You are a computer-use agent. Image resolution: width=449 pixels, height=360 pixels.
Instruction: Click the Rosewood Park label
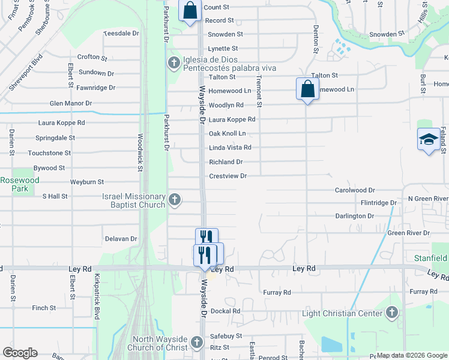[x=20, y=184]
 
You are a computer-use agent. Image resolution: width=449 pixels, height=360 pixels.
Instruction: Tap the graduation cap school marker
[x=429, y=140]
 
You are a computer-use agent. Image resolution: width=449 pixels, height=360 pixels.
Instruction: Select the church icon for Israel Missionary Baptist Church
[x=175, y=199]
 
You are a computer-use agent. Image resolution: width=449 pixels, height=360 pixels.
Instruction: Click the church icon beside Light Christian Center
[x=392, y=312]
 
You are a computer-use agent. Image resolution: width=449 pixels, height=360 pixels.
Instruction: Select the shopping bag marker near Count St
[x=190, y=10]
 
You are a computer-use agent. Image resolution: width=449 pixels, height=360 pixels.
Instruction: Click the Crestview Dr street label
[x=228, y=176]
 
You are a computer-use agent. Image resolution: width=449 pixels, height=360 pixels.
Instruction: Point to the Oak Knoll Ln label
[x=228, y=133]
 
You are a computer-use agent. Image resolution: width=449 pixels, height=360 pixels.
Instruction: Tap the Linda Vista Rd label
[x=230, y=148]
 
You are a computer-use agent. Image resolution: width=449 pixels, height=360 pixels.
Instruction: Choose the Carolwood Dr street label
[x=355, y=190]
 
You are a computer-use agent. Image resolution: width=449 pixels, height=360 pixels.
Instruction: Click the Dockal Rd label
[x=225, y=311]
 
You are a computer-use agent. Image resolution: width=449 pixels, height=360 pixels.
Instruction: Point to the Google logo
[x=20, y=353]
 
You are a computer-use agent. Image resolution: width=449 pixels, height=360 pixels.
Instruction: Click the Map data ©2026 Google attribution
[x=411, y=355]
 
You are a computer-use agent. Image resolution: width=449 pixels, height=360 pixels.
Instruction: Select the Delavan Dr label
[x=121, y=239]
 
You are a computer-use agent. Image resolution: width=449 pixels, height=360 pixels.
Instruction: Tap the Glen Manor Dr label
[x=71, y=103]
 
